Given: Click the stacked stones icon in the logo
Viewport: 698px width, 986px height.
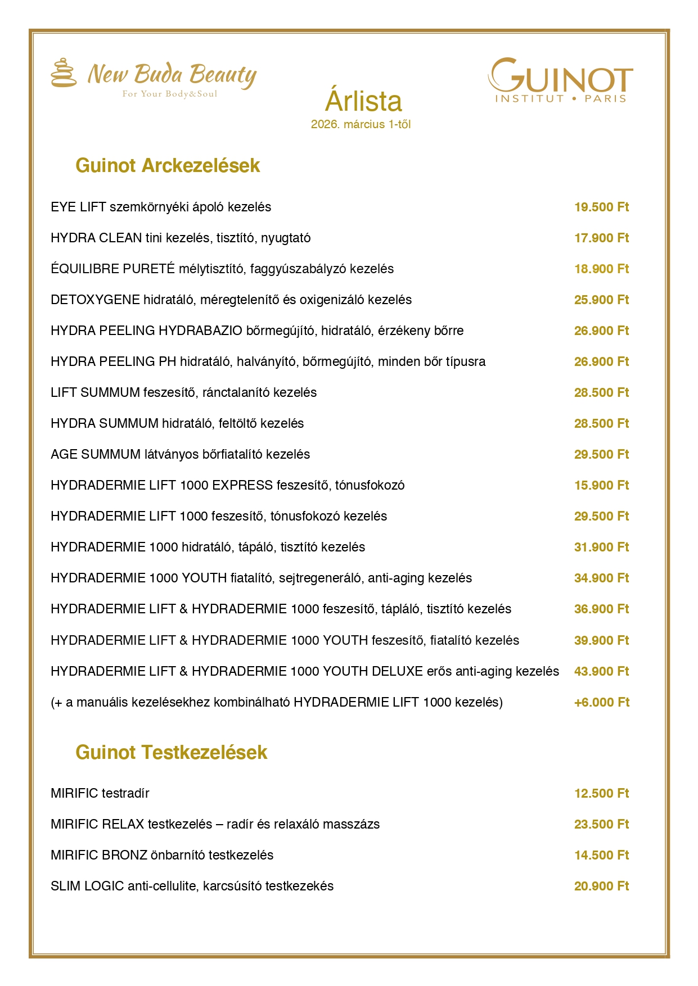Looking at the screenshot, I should point(64,73).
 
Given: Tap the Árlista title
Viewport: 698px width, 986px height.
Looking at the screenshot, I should point(363,101).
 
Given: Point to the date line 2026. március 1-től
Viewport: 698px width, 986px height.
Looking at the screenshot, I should point(361,124).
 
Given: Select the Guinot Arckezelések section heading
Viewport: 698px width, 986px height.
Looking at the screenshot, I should point(168,166).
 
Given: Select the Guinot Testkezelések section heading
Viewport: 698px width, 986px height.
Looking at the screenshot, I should point(171,753).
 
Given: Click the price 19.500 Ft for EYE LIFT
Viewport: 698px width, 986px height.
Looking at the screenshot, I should point(601,207).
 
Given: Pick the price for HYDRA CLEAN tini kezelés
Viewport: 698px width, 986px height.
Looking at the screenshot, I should point(601,238).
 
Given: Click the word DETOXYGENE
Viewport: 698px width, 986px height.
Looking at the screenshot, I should point(95,300).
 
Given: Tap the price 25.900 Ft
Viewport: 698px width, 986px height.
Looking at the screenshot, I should point(601,300).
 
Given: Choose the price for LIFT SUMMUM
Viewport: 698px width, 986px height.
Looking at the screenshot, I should point(601,393).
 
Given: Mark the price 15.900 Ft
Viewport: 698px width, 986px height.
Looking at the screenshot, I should point(601,486).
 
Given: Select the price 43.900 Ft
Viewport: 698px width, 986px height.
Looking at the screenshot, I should point(601,672).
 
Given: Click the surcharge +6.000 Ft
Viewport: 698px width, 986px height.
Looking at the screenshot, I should point(601,703).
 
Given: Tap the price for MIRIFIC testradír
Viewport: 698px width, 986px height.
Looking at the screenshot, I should point(601,794).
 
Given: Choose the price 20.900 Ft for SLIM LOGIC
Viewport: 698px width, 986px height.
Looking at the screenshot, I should point(601,887).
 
